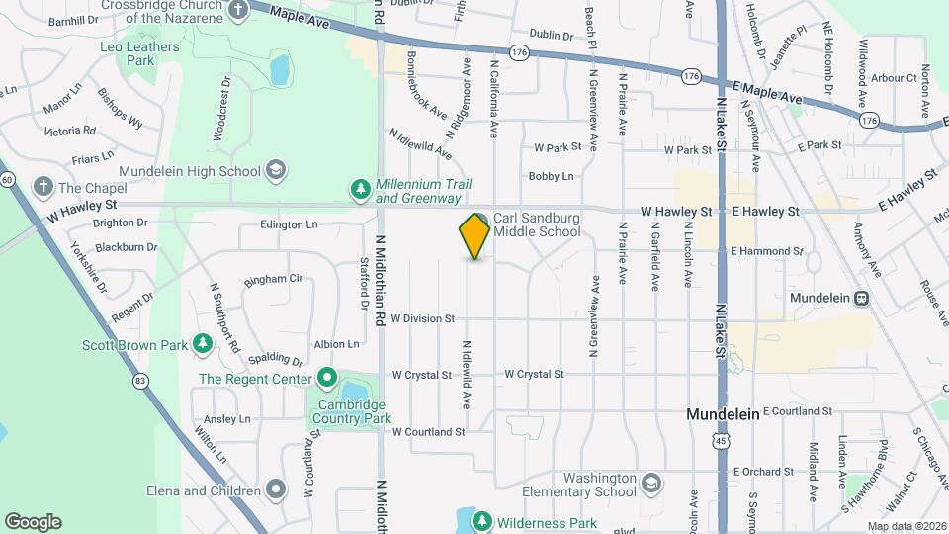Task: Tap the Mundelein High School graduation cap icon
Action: click(x=277, y=169)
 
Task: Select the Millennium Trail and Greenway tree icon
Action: click(x=361, y=188)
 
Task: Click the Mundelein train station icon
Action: click(x=861, y=298)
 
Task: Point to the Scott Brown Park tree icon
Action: click(x=203, y=344)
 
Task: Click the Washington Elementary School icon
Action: click(x=650, y=484)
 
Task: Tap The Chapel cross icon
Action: click(x=43, y=186)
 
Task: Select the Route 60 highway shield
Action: click(x=7, y=179)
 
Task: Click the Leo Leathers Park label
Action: click(x=140, y=53)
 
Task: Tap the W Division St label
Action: click(x=422, y=318)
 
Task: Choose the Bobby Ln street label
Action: click(x=551, y=176)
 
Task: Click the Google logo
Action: click(x=33, y=522)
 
